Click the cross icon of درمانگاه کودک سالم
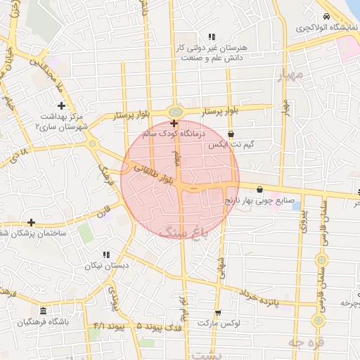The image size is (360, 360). [174, 123]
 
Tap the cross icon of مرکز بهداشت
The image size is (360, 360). [62, 105]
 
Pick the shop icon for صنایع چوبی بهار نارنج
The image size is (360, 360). [261, 188]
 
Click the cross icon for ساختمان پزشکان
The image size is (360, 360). [31, 222]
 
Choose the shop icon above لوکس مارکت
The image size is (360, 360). [217, 313]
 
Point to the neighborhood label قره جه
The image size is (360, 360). [304, 341]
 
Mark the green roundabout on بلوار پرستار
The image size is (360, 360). [174, 111]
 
